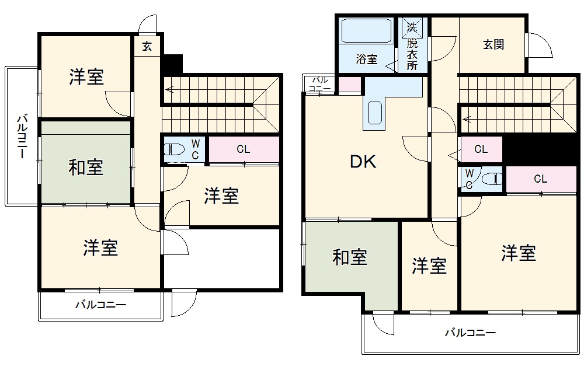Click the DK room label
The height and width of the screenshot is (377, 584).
coord(363,162)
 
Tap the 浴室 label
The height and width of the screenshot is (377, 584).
coord(367,59)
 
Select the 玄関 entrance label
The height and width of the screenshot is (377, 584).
coord(493,44)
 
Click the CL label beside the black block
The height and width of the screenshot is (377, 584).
coord(481,149)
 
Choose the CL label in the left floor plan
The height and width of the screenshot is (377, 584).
coord(244,149)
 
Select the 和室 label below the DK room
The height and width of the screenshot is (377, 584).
coord(350,257)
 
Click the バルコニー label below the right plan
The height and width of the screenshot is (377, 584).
coord(470,333)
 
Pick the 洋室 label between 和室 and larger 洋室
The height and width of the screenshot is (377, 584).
coord(429,266)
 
